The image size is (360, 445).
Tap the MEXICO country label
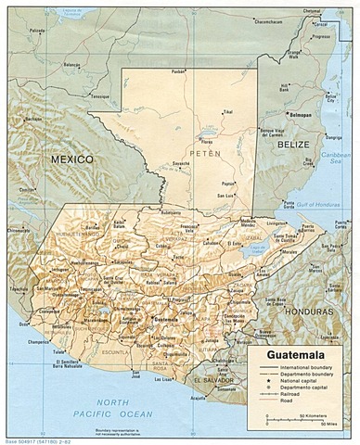[73, 159]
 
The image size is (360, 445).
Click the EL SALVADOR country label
[216, 381]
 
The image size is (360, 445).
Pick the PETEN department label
[205, 151]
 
